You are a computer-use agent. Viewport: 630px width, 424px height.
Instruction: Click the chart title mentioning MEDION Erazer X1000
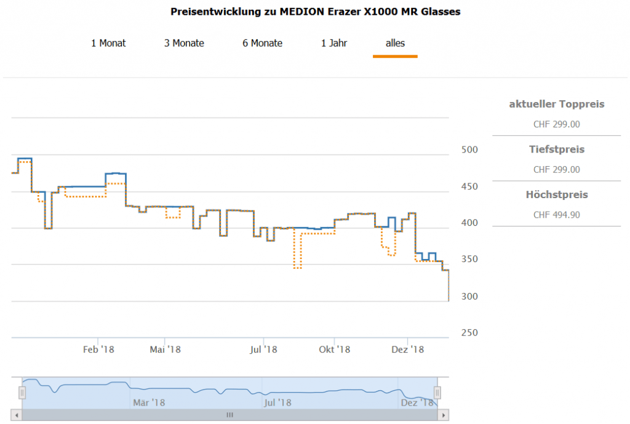point(315,12)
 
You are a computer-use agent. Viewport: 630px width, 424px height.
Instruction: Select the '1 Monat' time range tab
point(108,43)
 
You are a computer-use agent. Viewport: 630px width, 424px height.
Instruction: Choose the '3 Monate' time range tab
point(184,43)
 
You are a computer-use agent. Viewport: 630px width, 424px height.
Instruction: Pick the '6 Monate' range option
point(262,43)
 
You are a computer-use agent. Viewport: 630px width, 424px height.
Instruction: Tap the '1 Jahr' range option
point(334,43)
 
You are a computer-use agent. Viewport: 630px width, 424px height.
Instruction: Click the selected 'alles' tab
point(395,43)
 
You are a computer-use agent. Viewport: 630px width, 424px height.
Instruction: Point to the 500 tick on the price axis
point(469,150)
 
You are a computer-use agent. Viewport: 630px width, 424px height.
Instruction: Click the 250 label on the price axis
point(469,333)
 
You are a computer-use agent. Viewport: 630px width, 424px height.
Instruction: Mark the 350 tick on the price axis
point(469,260)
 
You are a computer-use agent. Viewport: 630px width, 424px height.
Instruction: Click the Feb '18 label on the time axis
point(98,350)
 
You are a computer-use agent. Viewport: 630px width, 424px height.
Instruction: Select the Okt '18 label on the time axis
point(334,350)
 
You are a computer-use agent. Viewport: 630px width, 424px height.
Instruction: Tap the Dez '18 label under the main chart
point(408,350)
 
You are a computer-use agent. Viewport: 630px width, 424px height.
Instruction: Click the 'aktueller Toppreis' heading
point(556,104)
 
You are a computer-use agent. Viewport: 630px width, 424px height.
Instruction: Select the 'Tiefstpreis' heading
point(556,150)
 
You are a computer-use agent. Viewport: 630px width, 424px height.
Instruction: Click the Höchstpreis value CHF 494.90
point(556,215)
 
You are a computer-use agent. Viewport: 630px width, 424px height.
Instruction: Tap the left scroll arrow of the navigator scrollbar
point(17,415)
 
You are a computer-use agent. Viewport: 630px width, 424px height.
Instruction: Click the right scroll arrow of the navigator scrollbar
point(442,415)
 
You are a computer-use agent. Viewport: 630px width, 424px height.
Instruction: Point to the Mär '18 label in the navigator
point(149,403)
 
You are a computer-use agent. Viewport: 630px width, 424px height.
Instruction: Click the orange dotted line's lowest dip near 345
point(297,268)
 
